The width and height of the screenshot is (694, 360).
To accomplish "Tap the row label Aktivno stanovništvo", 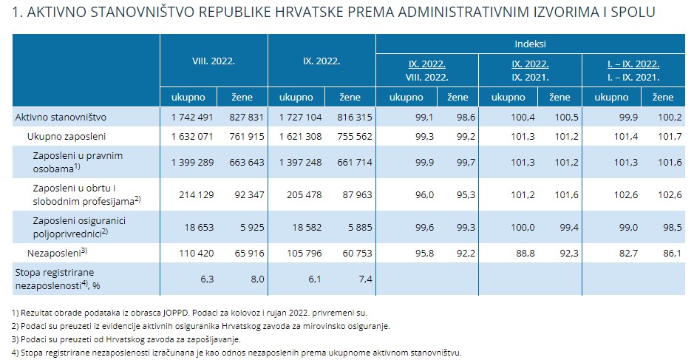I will pyautogui.click(x=61, y=117).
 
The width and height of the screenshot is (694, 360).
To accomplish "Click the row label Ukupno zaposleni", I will pyautogui.click(x=67, y=136).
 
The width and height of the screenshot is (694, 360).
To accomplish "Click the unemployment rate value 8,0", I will pyautogui.click(x=254, y=279).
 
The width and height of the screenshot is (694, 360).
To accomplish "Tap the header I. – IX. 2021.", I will pyautogui.click(x=632, y=76).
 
